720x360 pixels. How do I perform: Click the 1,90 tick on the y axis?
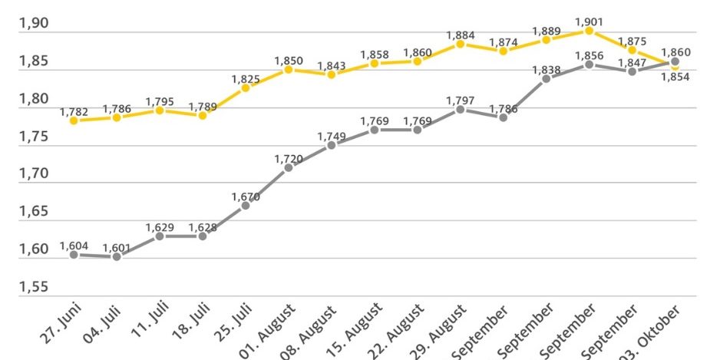pyautogui.click(x=33, y=24)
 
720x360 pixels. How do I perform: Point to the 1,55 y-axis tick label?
pyautogui.click(x=33, y=288)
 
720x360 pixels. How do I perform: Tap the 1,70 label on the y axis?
pyautogui.click(x=33, y=174)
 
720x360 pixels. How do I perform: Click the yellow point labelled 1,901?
pyautogui.click(x=589, y=31)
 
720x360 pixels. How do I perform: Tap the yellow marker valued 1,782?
pyautogui.click(x=74, y=121)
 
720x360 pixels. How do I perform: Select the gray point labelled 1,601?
pyautogui.click(x=117, y=256)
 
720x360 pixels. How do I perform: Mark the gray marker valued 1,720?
pyautogui.click(x=289, y=167)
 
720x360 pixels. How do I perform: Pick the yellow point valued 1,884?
pyautogui.click(x=460, y=44)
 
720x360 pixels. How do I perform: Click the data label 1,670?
pyautogui.click(x=246, y=197)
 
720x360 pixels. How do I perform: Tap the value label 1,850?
pyautogui.click(x=289, y=60)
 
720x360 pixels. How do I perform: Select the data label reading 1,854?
pyautogui.click(x=675, y=77)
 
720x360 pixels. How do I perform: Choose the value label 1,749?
pyautogui.click(x=332, y=136)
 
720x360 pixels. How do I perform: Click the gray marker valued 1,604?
pyautogui.click(x=74, y=254)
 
